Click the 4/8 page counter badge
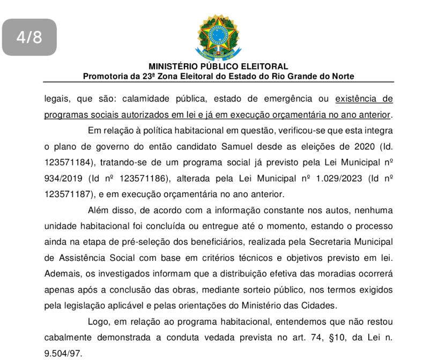(29, 37)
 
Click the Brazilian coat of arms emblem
(218, 36)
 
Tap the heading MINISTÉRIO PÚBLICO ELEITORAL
(218, 67)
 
